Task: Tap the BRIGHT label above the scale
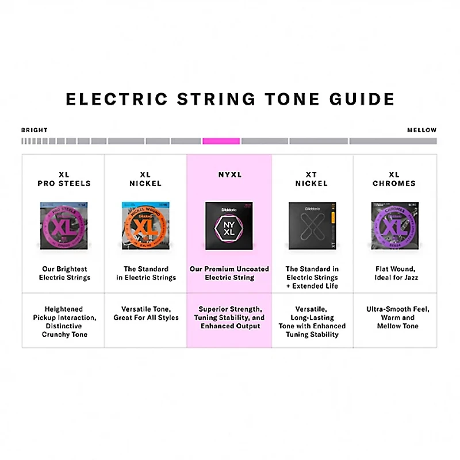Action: click(34, 131)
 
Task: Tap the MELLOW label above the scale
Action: click(422, 131)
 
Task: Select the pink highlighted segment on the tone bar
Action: click(221, 141)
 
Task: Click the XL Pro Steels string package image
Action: click(63, 226)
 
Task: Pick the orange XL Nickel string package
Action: click(146, 226)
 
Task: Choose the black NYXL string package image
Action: click(229, 226)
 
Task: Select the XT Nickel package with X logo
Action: click(312, 226)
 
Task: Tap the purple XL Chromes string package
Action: click(394, 226)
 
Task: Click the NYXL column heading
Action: click(229, 175)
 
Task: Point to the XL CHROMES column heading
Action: click(394, 179)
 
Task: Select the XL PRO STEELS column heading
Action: click(64, 179)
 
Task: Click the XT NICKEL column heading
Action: click(312, 179)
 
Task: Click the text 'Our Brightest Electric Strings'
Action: click(64, 273)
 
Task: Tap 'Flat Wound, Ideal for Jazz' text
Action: click(394, 273)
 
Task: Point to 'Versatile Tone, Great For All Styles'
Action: click(146, 313)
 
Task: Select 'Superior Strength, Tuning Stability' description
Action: click(229, 317)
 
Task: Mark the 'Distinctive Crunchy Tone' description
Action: click(64, 330)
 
